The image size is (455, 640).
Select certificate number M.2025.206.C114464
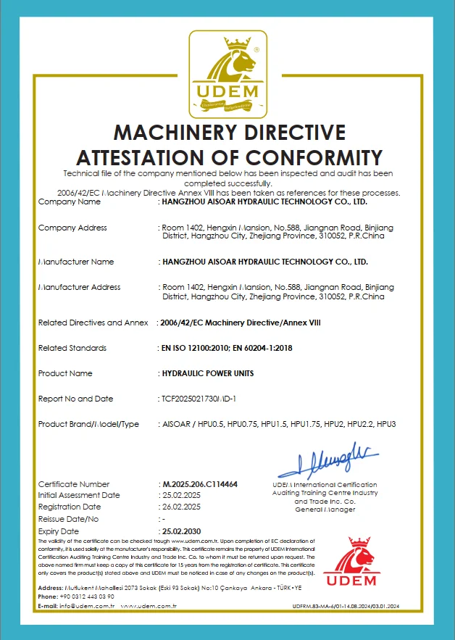200,484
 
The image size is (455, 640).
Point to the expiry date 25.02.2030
181,531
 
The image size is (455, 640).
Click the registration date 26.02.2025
180,507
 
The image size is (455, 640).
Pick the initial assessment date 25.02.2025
180,496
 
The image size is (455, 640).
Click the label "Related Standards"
72,348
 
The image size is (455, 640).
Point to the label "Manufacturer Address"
79,287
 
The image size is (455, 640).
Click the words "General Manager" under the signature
325,510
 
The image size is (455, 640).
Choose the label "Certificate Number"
74,484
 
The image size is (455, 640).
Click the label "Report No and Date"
76,399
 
